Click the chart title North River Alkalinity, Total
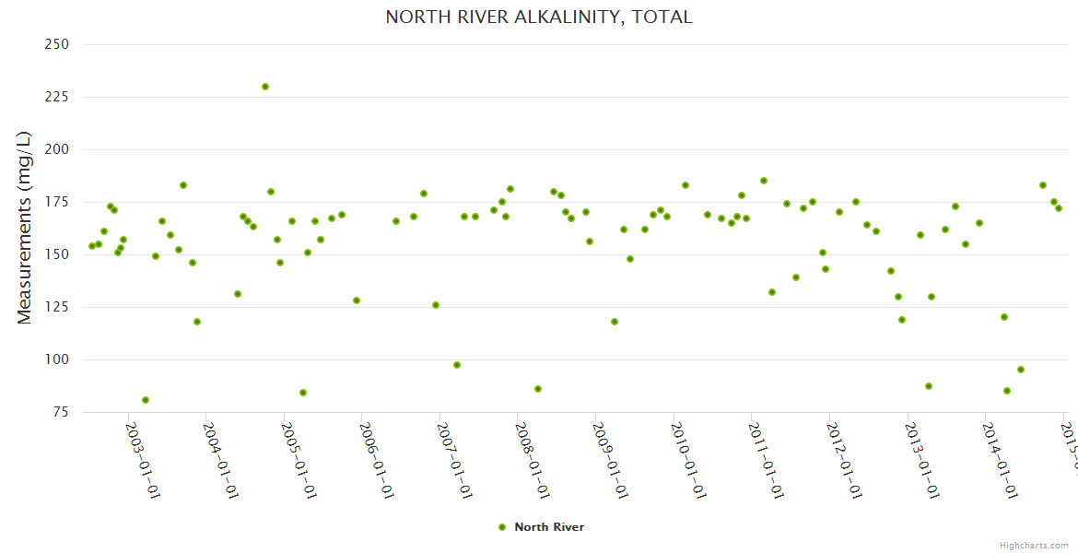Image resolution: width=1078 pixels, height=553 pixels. click(x=538, y=18)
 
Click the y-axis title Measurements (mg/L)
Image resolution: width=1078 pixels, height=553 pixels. click(x=25, y=228)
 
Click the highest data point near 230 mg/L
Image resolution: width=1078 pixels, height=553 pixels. click(x=265, y=87)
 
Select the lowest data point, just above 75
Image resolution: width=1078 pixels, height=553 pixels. click(x=146, y=400)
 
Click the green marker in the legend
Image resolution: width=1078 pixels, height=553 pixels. click(x=502, y=527)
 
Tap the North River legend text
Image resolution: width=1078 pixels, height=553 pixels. click(x=549, y=527)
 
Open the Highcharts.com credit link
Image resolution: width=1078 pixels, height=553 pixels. click(x=1034, y=546)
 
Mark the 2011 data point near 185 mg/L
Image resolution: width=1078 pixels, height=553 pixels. click(x=764, y=181)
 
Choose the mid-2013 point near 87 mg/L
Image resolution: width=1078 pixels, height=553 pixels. click(x=929, y=386)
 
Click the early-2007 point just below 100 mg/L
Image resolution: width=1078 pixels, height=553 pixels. click(x=457, y=365)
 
